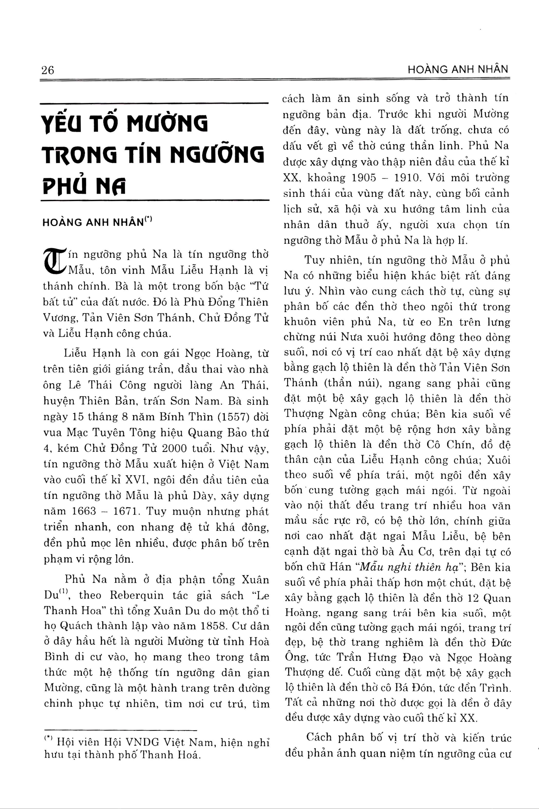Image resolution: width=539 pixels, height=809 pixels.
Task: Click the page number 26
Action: click(48, 70)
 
